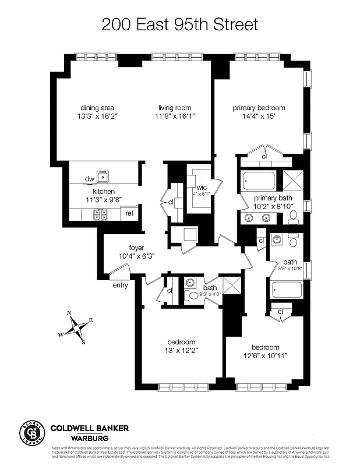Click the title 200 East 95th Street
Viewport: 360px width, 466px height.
coord(179,24)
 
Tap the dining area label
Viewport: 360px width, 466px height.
coord(97,108)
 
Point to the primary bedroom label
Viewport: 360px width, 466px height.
coord(259,108)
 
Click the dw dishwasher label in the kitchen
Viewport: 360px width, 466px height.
coord(90,179)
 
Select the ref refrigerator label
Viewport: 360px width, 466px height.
coord(129,214)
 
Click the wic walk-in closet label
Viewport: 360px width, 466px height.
coord(193,187)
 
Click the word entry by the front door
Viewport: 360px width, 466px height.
coord(121,285)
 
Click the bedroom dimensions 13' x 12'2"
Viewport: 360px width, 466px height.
coord(181,351)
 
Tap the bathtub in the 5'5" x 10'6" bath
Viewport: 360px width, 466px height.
coord(285,290)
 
